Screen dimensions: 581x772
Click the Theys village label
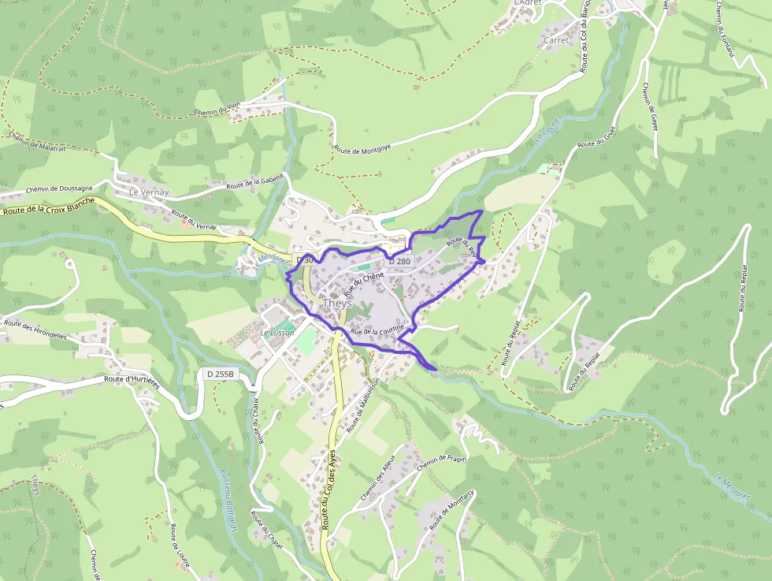[337, 303]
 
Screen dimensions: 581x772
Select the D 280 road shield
[399, 261]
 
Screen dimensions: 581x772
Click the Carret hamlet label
[556, 40]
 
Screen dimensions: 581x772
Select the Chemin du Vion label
[217, 110]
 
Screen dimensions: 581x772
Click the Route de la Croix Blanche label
[49, 207]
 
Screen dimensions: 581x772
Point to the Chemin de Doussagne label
[60, 189]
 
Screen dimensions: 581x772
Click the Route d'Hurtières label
[132, 379]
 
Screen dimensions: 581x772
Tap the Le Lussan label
[277, 333]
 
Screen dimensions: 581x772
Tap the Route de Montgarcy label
[451, 508]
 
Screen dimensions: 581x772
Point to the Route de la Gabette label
[254, 183]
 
